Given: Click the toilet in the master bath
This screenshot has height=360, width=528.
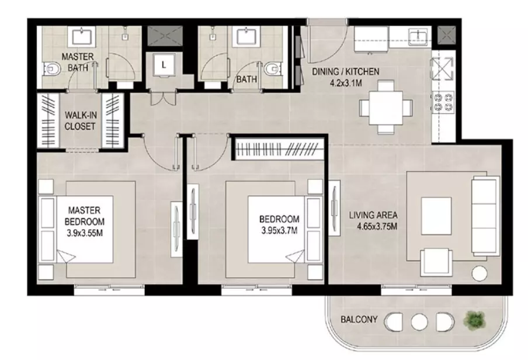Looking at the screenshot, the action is coord(51,70).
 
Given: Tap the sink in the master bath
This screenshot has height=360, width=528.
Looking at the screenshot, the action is coord(82,36).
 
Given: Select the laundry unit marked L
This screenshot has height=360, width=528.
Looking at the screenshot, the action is coord(164,65).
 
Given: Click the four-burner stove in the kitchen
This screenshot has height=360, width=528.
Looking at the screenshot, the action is coord(443,102).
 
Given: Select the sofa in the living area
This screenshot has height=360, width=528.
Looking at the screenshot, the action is coord(485,216).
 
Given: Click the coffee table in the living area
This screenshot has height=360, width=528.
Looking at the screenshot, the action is coord(436,216).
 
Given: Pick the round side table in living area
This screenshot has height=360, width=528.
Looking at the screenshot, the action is coord(480,273).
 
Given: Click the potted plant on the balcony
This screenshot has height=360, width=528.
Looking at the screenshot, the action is coord(475,319).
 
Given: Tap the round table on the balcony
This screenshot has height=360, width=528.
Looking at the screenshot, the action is coord(419,322).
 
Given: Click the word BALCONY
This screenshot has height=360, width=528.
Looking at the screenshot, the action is coord(359,319).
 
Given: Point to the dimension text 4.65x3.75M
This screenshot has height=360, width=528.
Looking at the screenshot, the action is coord(377,226).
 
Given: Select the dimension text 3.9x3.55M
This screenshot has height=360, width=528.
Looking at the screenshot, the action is coord(85,233).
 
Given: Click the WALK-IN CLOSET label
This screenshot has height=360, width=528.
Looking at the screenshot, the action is coord(80,120).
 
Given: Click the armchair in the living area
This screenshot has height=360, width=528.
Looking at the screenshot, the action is coord(436,262).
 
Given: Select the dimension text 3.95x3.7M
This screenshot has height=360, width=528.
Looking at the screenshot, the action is coord(279,231).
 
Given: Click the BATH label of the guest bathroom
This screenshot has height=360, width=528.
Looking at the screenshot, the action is coord(246,79).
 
